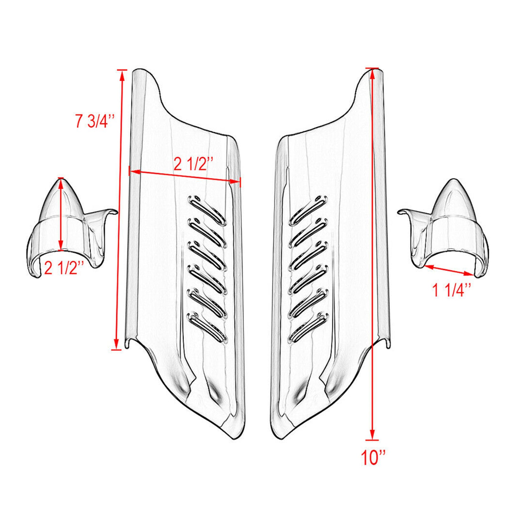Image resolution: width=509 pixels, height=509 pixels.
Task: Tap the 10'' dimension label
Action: (x=373, y=457)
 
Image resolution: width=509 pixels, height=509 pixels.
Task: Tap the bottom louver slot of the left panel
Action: (x=208, y=328)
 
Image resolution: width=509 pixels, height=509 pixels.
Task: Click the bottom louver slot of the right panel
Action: (x=308, y=328)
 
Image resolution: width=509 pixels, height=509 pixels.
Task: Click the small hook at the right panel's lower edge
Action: (x=387, y=344)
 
